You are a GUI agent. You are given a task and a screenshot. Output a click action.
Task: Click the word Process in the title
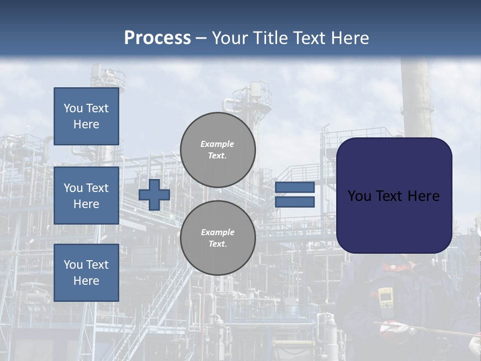click(x=157, y=38)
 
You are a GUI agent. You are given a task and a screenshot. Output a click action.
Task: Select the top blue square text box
click(x=86, y=116)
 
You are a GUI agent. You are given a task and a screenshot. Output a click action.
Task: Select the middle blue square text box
click(x=86, y=196)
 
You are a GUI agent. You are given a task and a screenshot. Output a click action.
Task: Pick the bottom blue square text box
click(x=86, y=272)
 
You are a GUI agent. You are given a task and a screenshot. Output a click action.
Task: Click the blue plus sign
click(x=154, y=195)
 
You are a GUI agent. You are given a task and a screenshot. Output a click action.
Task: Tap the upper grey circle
click(x=217, y=150)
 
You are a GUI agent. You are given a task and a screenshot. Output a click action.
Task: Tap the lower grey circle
click(x=217, y=238)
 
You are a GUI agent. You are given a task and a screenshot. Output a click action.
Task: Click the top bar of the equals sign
click(x=295, y=188)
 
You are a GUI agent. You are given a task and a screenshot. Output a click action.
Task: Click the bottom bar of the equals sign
click(x=295, y=202)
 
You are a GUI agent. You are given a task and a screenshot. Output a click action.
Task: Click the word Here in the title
click(x=349, y=38)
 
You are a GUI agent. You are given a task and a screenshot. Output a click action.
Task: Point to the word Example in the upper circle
click(x=217, y=144)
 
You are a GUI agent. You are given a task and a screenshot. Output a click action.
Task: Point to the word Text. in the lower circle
click(x=217, y=244)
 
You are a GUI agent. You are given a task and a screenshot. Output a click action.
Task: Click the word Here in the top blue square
click(x=86, y=124)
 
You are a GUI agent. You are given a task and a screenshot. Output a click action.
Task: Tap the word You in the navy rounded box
click(x=359, y=196)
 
